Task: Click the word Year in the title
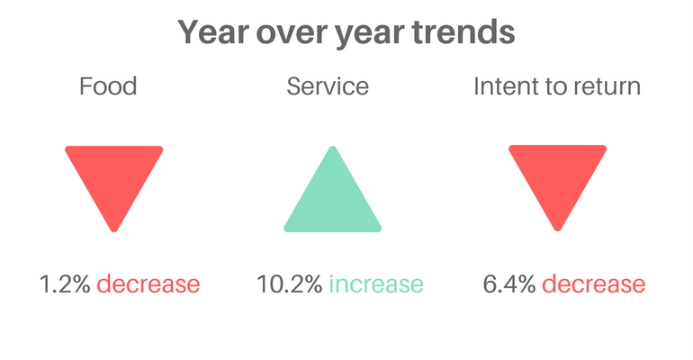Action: (213, 32)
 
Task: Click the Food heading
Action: (108, 86)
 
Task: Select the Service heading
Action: (328, 86)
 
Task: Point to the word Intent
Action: (502, 86)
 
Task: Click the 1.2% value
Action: (65, 284)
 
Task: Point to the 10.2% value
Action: (290, 284)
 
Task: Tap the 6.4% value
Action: (509, 284)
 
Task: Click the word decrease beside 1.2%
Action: (148, 284)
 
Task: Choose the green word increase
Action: (376, 284)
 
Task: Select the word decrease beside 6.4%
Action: (594, 284)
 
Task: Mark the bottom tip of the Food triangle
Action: (114, 231)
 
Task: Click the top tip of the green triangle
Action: (333, 147)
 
